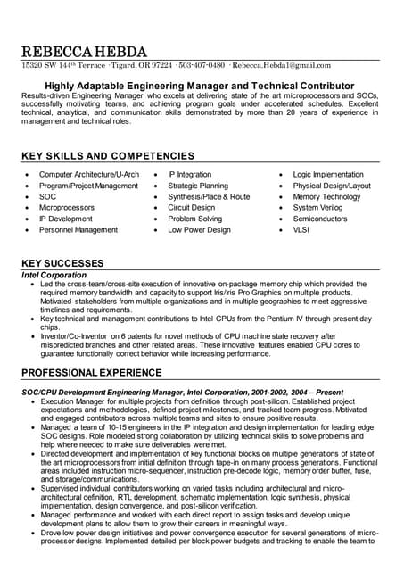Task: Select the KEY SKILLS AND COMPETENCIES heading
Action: point(107,156)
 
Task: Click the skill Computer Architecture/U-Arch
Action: point(89,175)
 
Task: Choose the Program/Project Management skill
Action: point(88,186)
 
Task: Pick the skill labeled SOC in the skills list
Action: point(47,197)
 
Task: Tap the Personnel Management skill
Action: point(78,230)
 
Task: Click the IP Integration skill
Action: point(190,175)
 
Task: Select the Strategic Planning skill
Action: point(198,186)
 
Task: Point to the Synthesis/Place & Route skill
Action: point(209,197)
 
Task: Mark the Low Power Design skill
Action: point(199,230)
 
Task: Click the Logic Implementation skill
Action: point(328,175)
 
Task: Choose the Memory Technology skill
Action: point(326,197)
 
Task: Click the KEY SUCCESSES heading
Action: point(62,263)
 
